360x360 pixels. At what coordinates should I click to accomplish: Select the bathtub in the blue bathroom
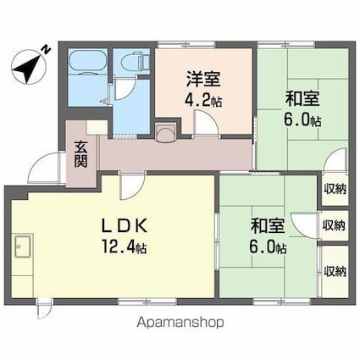(x=87, y=66)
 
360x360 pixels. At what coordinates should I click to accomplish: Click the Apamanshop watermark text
(x=179, y=323)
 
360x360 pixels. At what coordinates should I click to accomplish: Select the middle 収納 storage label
(x=335, y=226)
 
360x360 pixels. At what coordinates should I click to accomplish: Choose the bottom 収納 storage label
(x=335, y=271)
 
